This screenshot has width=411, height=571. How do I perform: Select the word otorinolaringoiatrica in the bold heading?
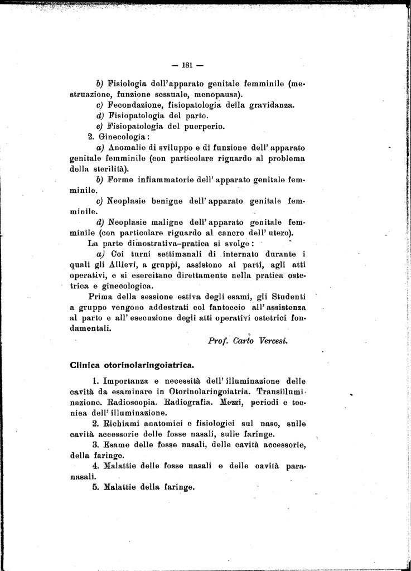tap(147, 366)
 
